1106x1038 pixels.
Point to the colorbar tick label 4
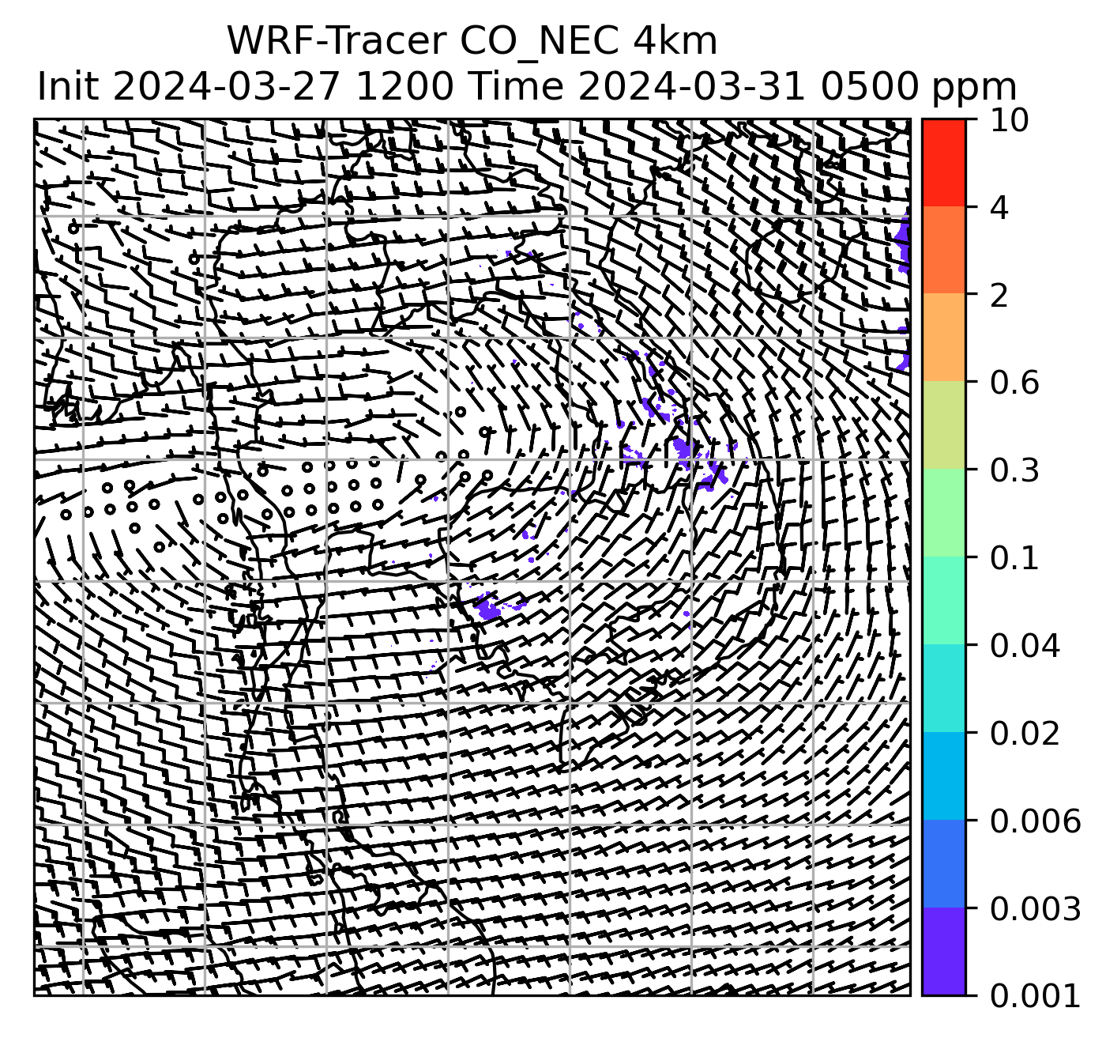point(999,208)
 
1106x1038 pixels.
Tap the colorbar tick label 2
point(999,296)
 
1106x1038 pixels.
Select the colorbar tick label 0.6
point(1014,383)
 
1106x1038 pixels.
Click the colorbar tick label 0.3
point(1014,471)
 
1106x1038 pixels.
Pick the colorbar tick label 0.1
point(1014,559)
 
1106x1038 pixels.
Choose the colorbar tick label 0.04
point(1025,647)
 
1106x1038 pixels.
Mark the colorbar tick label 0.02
point(1025,734)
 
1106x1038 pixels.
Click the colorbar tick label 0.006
point(1034,822)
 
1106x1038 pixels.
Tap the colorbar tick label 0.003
point(1034,910)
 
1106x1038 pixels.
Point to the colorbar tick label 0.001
point(1034,996)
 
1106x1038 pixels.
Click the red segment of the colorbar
point(943,164)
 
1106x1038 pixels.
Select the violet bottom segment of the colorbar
point(943,951)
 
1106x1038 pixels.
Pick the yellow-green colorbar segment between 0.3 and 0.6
point(943,426)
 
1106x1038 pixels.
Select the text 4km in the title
point(674,41)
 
